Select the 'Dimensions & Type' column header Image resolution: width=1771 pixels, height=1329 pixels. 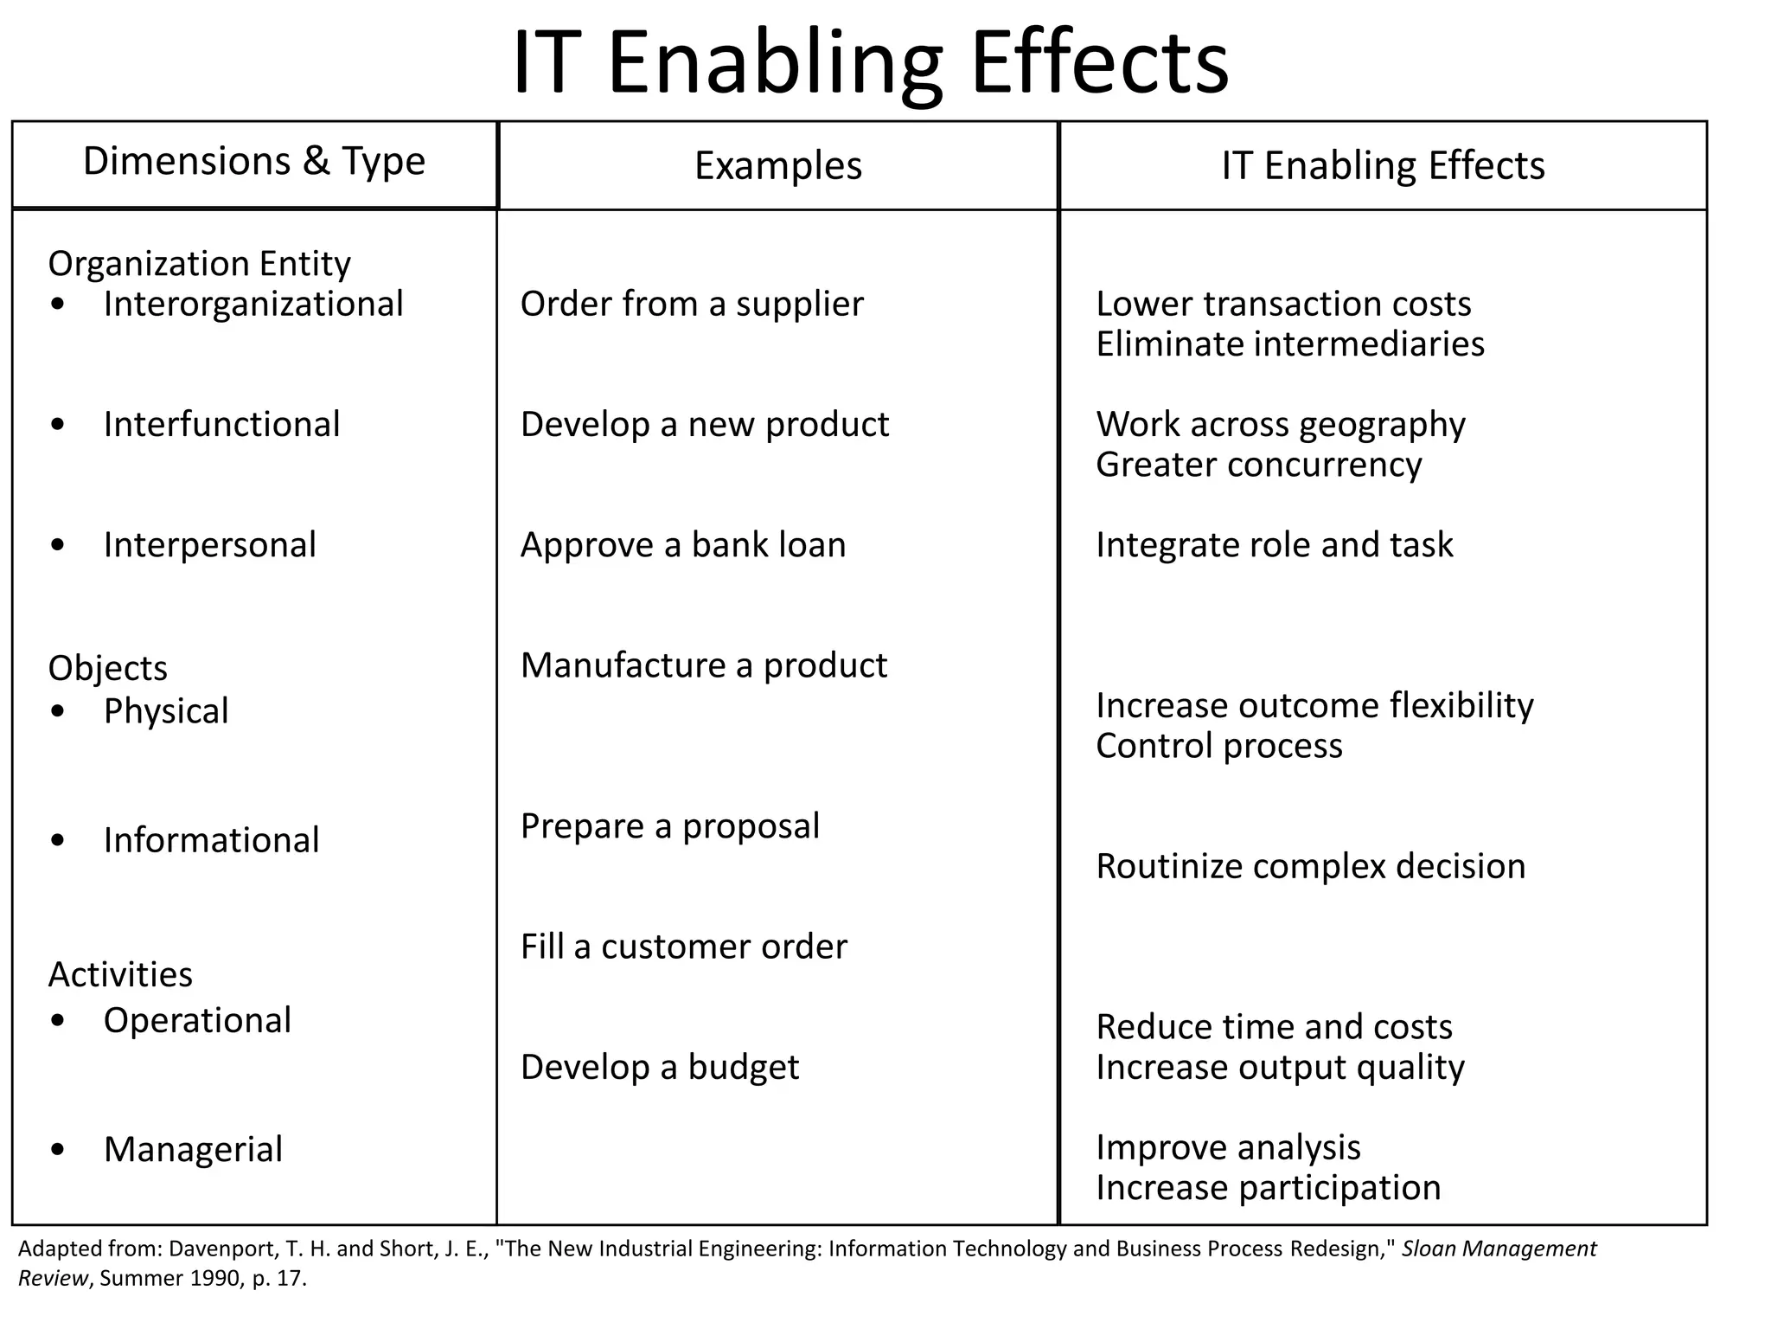pyautogui.click(x=254, y=162)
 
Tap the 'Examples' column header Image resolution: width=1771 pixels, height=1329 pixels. pyautogui.click(x=777, y=166)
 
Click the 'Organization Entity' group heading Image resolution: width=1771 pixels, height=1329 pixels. pyautogui.click(x=199, y=264)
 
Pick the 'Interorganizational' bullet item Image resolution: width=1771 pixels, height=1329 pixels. pyautogui.click(x=253, y=305)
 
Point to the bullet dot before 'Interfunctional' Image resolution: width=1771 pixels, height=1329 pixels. pyautogui.click(x=58, y=425)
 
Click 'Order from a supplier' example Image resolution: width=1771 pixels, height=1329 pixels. pyautogui.click(x=691, y=305)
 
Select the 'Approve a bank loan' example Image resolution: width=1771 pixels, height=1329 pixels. pyautogui.click(x=682, y=545)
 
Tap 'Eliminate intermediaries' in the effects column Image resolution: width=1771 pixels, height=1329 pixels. pyautogui.click(x=1289, y=344)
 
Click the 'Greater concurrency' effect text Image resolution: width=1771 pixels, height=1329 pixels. pyautogui.click(x=1258, y=465)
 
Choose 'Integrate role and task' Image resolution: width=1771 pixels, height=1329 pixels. pyautogui.click(x=1274, y=545)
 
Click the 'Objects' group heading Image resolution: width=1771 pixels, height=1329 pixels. pyautogui.click(x=107, y=669)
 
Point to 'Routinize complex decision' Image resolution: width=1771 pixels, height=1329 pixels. pyautogui.click(x=1310, y=867)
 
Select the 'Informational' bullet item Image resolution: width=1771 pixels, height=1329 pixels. pyautogui.click(x=211, y=841)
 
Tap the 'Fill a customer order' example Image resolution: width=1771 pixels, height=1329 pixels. pyautogui.click(x=683, y=947)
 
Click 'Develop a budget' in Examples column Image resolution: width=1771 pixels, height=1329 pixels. pyautogui.click(x=659, y=1068)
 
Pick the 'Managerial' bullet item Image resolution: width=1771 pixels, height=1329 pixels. pyautogui.click(x=193, y=1150)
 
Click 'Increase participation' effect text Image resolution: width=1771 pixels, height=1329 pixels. pyautogui.click(x=1268, y=1188)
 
